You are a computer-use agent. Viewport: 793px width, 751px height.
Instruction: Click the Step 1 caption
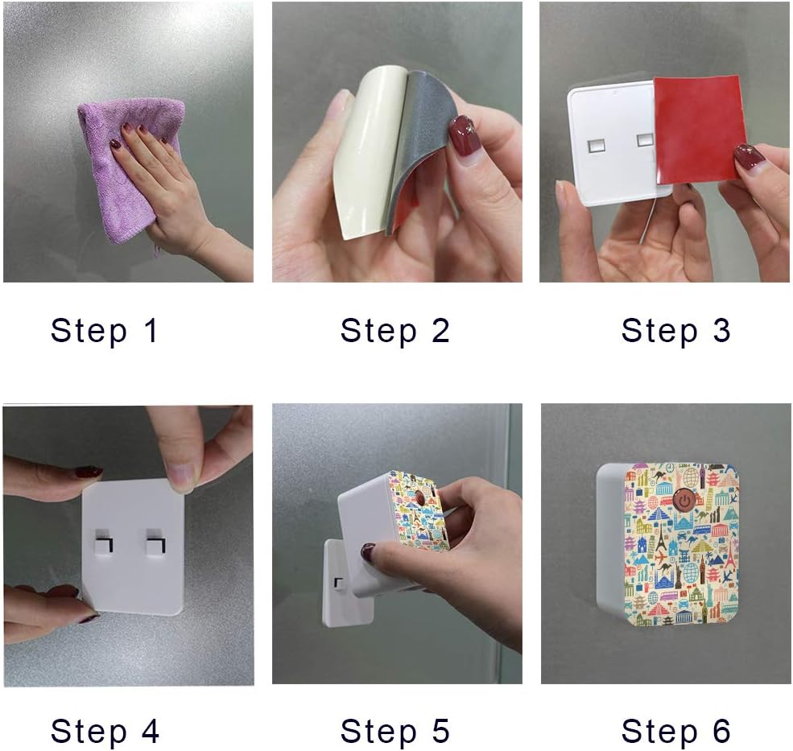pyautogui.click(x=105, y=331)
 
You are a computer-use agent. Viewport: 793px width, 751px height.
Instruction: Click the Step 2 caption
pyautogui.click(x=394, y=331)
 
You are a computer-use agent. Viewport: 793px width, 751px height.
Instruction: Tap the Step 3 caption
pyautogui.click(x=675, y=331)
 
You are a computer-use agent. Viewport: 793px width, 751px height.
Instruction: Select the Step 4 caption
pyautogui.click(x=105, y=732)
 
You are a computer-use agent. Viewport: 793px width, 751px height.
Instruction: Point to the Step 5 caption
pyautogui.click(x=394, y=732)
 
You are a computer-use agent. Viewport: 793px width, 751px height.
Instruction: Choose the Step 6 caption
pyautogui.click(x=675, y=732)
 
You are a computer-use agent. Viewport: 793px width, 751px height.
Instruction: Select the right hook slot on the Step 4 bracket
pyautogui.click(x=153, y=544)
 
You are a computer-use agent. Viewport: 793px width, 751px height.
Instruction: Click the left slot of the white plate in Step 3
pyautogui.click(x=596, y=144)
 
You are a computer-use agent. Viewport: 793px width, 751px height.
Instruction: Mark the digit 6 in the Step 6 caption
pyautogui.click(x=719, y=732)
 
